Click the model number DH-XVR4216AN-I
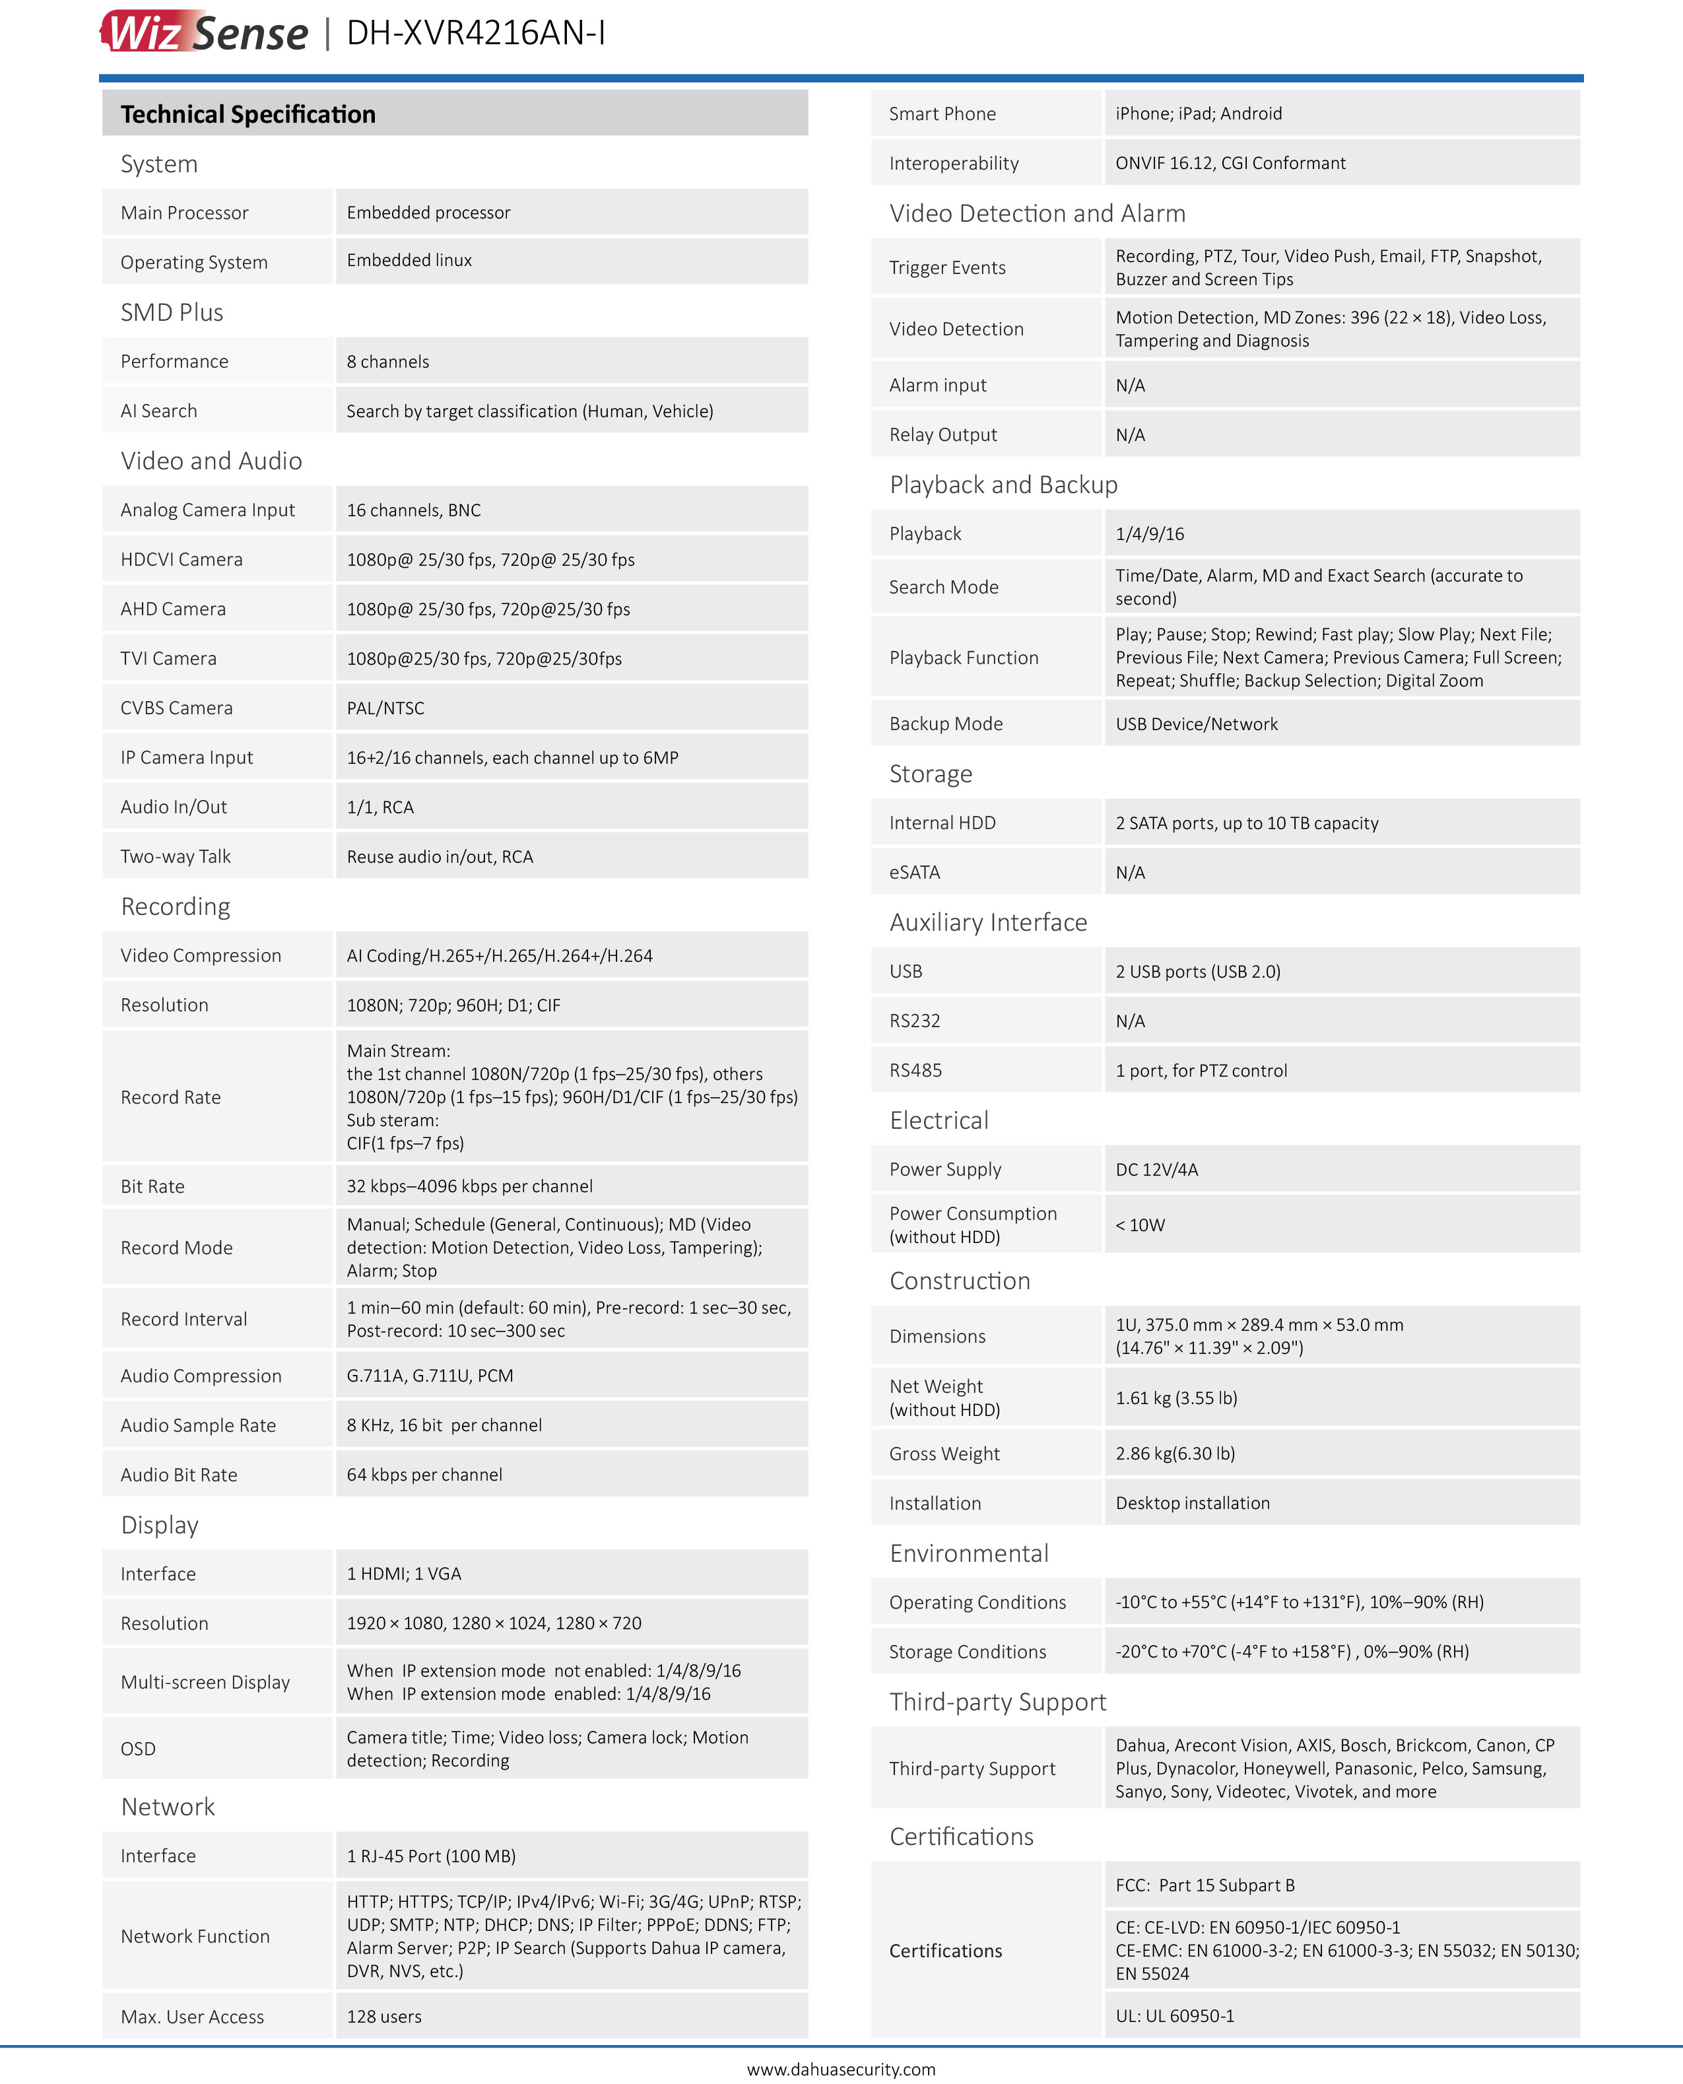(475, 33)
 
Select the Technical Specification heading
(248, 114)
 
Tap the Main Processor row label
(184, 213)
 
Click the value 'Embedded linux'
(409, 260)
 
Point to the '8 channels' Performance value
(388, 362)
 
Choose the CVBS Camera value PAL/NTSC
(386, 708)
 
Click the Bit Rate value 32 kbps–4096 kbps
(469, 1186)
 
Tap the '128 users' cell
(384, 2016)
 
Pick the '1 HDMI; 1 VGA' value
(405, 1573)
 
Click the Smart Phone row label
(942, 114)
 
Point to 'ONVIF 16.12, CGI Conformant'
(1230, 163)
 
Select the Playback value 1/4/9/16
(1150, 533)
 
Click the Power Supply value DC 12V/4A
(1156, 1170)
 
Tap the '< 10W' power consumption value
(1140, 1225)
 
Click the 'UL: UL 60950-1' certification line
(1175, 2015)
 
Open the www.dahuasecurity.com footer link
(841, 2068)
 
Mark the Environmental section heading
(968, 1553)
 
